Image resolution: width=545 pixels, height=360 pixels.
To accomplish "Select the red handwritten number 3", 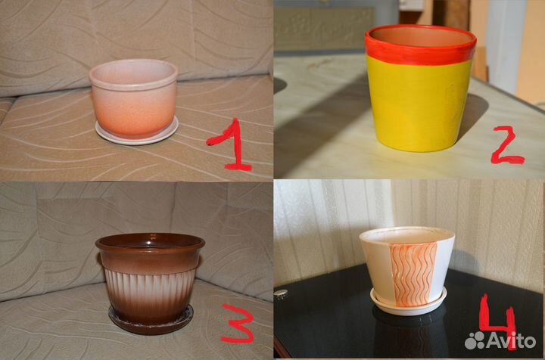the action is [238, 324].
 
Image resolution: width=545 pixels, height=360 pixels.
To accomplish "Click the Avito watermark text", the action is [511, 340].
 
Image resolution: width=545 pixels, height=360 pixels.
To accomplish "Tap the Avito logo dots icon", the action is [475, 340].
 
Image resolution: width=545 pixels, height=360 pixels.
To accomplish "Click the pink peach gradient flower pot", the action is [134, 99].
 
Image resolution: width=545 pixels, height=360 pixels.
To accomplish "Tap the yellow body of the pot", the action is [419, 104].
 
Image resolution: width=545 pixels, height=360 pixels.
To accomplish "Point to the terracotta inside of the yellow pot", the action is [422, 36].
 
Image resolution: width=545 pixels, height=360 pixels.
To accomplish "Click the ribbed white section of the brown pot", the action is [149, 285].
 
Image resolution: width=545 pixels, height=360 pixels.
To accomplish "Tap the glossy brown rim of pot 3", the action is [150, 242].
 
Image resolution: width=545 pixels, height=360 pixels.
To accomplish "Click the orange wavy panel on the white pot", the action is [413, 275].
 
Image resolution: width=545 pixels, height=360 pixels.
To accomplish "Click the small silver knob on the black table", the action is [281, 294].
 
